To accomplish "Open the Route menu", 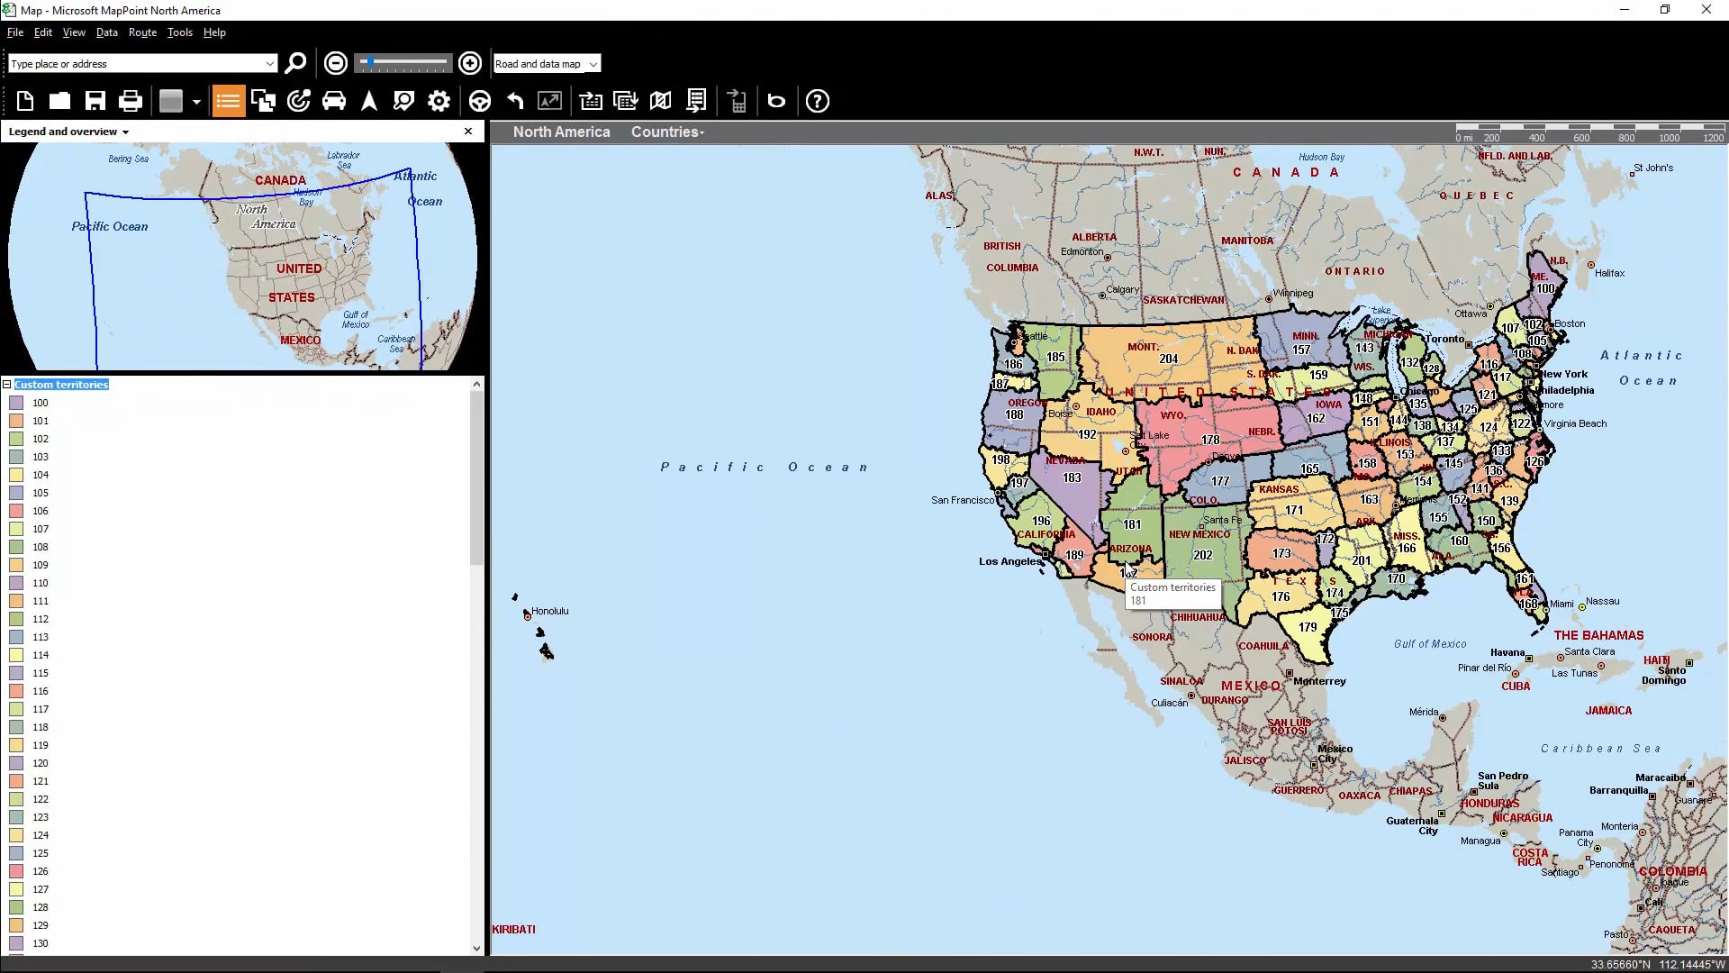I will point(142,32).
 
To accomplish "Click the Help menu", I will point(214,32).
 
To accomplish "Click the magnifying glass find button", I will point(295,63).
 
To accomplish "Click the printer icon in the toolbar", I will point(131,101).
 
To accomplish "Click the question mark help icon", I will point(817,101).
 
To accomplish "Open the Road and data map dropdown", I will point(547,64).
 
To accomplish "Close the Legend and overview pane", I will point(468,132).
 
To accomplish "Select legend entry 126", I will point(41,871).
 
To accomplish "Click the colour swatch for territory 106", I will point(16,511).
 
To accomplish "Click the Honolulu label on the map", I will point(549,611).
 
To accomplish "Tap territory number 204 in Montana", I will point(1168,359).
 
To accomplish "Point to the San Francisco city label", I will point(962,500).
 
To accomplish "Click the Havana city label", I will point(1507,652).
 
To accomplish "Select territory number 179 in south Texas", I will point(1308,627).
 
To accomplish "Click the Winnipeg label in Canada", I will point(1293,293).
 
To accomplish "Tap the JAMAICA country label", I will point(1608,711).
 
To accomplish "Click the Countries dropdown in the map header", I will point(667,132).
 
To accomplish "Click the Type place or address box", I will point(135,64).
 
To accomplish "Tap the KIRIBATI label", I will point(514,929).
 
